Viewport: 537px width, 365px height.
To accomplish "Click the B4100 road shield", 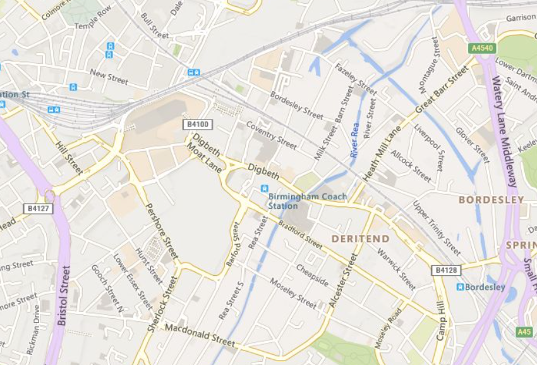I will click(197, 124).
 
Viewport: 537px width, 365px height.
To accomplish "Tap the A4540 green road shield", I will click(482, 47).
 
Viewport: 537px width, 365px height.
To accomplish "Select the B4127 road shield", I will click(39, 208).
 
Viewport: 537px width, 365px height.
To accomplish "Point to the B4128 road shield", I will click(444, 270).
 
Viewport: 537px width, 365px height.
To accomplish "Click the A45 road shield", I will click(524, 331).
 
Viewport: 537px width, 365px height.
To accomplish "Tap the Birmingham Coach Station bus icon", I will click(264, 188).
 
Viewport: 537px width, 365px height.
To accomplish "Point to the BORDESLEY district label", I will click(491, 199).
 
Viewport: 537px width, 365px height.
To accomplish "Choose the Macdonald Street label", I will click(200, 335).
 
